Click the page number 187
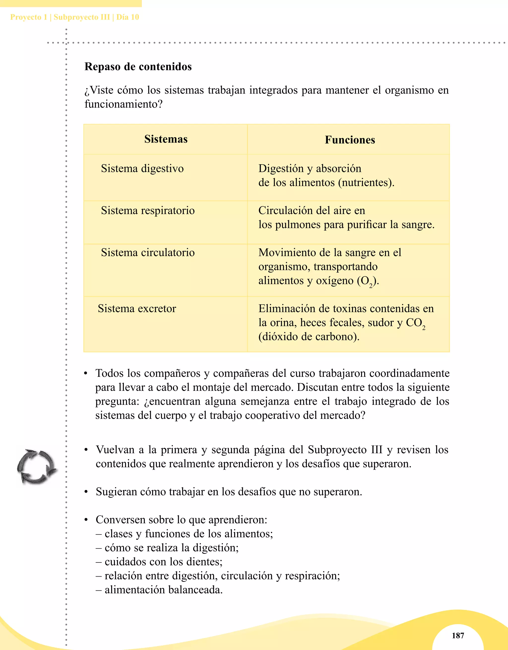[x=458, y=635]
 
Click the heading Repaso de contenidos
[x=138, y=66]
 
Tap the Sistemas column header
[x=166, y=139]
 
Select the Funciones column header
[x=350, y=140]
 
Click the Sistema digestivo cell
[x=142, y=168]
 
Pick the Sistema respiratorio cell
[x=148, y=210]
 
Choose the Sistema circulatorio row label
[x=148, y=252]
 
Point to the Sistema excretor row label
[x=137, y=309]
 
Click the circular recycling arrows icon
[x=36, y=467]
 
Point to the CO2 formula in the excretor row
[x=415, y=323]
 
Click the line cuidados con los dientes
[x=159, y=562]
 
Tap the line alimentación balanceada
[x=159, y=589]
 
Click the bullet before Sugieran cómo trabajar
[x=86, y=492]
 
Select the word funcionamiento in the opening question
[x=121, y=104]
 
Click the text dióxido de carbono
[x=309, y=337]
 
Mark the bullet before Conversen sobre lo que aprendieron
[x=86, y=520]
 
